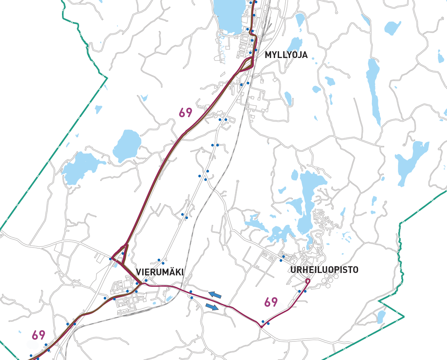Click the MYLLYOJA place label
click(x=286, y=55)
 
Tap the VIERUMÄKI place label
click(x=160, y=272)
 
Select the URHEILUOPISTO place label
click(x=324, y=270)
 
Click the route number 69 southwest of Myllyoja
click(x=186, y=113)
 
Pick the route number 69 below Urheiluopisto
click(x=271, y=302)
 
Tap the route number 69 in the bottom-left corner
click(x=39, y=335)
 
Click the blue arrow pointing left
click(x=215, y=294)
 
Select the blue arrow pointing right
click(x=212, y=307)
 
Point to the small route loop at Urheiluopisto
click(x=308, y=281)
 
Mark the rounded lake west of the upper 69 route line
click(x=127, y=145)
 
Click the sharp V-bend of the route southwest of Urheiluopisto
click(x=261, y=327)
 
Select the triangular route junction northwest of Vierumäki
click(x=119, y=254)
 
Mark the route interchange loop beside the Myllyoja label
click(x=248, y=64)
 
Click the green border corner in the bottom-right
click(x=404, y=317)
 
